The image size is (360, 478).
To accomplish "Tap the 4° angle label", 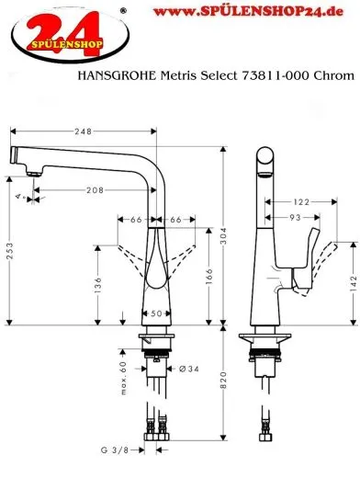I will click(18, 194).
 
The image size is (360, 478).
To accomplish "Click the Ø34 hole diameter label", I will click(188, 370).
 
